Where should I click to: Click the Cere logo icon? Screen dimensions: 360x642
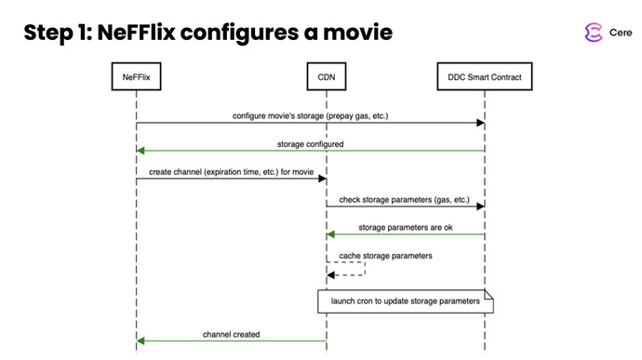593,33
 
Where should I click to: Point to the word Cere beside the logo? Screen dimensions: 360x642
621,33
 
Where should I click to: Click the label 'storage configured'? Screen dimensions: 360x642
310,144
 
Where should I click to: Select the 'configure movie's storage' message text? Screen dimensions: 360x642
310,116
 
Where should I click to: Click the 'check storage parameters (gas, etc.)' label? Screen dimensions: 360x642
405,200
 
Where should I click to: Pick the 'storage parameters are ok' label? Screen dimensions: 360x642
405,228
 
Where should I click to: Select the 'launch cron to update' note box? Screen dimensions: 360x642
405,302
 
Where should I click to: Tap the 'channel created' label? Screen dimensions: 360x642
231,333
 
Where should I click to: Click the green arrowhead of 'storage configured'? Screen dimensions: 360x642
140,151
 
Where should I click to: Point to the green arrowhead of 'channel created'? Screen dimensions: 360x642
140,340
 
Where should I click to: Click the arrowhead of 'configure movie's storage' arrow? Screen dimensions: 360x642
479,123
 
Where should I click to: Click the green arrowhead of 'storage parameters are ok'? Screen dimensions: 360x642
330,234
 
